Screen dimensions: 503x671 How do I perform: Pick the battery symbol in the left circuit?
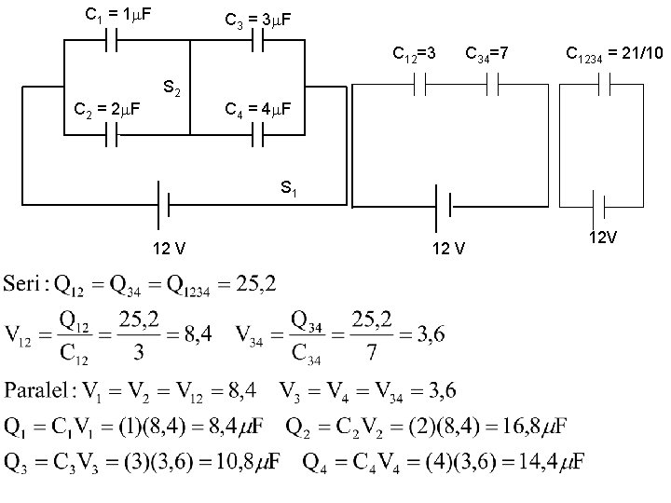click(x=161, y=202)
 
